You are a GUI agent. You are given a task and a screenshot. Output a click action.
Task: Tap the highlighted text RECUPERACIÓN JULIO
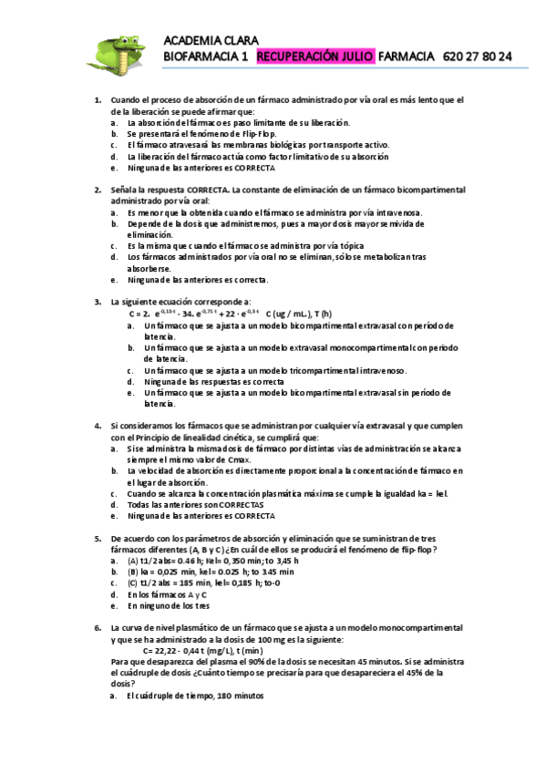pyautogui.click(x=315, y=57)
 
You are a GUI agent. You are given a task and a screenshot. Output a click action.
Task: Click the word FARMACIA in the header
pyautogui.click(x=406, y=57)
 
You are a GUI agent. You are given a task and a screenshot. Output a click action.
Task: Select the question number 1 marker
pyautogui.click(x=98, y=99)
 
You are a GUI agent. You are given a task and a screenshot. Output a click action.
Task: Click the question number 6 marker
pyautogui.click(x=98, y=628)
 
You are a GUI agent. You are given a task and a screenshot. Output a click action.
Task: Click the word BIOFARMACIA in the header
pyautogui.click(x=205, y=57)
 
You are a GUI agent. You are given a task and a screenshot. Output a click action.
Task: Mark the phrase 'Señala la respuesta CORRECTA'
pyautogui.click(x=170, y=190)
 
